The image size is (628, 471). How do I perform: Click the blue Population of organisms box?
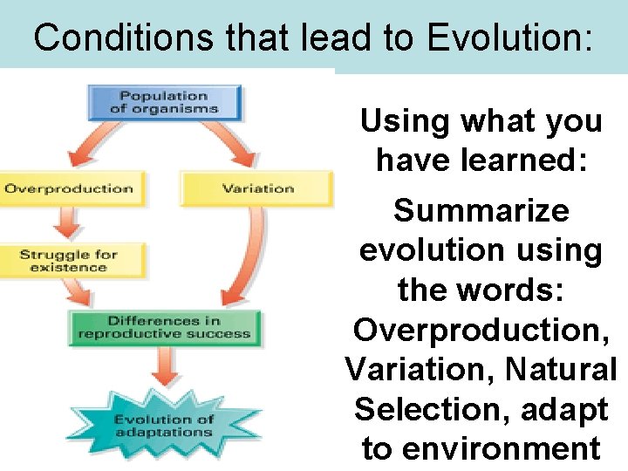click(165, 102)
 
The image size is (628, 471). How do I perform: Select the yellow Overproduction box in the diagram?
click(69, 188)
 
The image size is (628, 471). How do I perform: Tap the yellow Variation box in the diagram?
click(257, 188)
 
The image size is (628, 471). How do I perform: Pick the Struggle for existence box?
click(69, 261)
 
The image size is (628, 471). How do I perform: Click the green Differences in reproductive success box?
click(165, 327)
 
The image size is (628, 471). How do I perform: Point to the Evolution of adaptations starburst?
click(165, 427)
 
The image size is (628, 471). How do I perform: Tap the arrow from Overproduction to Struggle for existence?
click(64, 224)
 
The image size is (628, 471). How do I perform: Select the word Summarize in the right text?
click(481, 210)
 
